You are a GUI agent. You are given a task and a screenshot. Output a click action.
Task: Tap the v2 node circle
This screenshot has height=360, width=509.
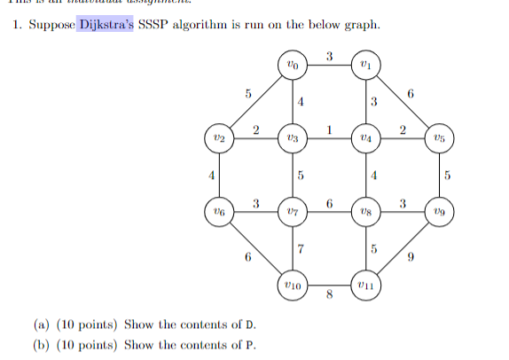click(222, 138)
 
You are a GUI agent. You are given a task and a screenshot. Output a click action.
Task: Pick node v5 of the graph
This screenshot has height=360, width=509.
click(441, 138)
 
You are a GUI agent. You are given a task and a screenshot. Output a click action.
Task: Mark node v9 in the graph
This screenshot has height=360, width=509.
click(441, 212)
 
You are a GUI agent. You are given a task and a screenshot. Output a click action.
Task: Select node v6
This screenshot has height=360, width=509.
click(222, 212)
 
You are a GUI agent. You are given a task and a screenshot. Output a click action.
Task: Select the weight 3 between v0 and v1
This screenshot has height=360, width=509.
click(330, 57)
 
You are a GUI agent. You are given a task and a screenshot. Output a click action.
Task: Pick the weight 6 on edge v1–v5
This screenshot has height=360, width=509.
click(411, 92)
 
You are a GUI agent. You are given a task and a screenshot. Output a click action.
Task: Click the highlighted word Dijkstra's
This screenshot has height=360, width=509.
click(106, 24)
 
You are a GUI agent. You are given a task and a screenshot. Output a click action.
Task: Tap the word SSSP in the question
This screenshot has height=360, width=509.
click(153, 24)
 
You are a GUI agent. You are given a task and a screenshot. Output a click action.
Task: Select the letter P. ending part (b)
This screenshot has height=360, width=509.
click(241, 345)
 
